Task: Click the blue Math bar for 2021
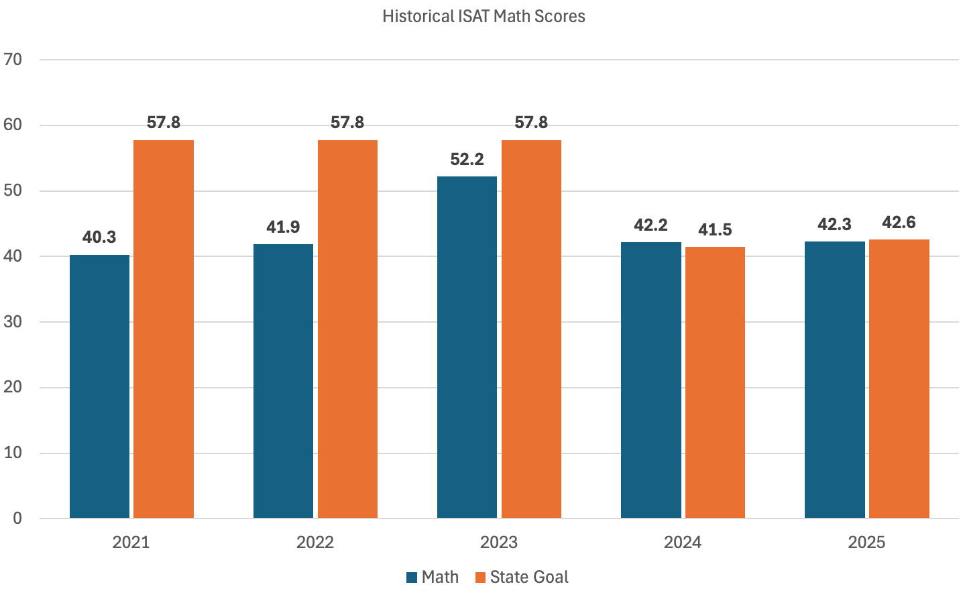(99, 386)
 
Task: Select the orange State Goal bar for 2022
(347, 329)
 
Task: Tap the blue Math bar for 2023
(467, 347)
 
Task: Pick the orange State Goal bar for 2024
(715, 382)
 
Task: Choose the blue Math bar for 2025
(834, 380)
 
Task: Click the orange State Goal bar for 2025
(899, 378)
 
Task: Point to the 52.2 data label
(467, 160)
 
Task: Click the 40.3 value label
(99, 237)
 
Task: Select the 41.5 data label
(715, 230)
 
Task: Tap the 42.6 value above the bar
(899, 223)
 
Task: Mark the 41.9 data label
(283, 227)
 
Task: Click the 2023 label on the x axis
(499, 543)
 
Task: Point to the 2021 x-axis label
(131, 543)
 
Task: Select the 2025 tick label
(866, 543)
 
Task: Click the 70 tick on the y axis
(13, 60)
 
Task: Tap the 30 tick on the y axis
(13, 322)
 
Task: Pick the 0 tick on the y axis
(17, 519)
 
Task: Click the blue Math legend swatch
(412, 578)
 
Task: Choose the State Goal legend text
(529, 578)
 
